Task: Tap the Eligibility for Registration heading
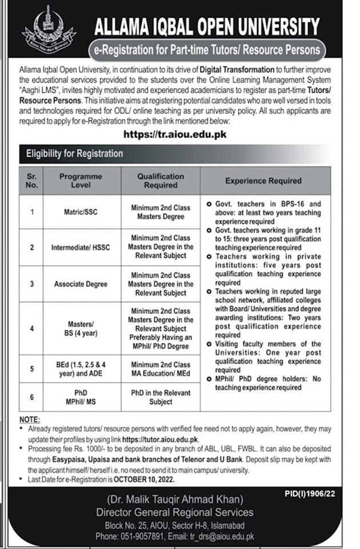pos(74,153)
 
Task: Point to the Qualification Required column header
pos(160,181)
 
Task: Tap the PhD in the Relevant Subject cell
pos(160,397)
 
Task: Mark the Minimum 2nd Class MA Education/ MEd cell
pos(160,369)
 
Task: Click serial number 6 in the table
pos(33,397)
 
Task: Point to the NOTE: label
pos(30,420)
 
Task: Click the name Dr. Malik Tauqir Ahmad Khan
pos(179,499)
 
